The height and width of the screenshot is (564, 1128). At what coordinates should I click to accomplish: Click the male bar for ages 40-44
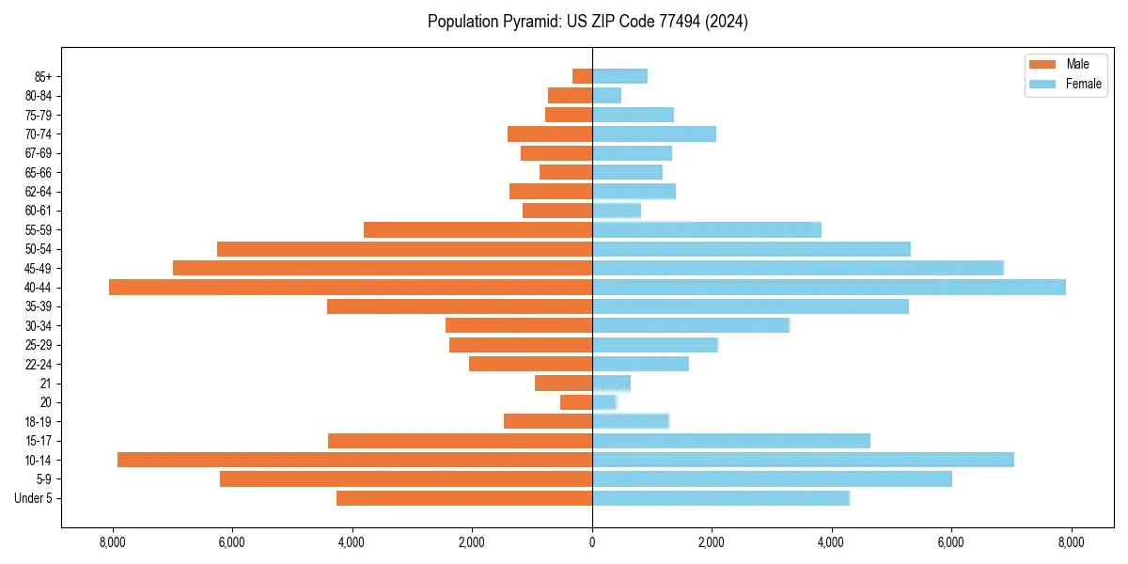351,287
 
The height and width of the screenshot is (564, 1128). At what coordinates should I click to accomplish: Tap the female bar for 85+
619,76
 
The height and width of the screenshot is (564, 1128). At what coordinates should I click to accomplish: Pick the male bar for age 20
576,402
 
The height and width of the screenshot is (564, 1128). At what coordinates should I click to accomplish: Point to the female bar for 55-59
707,229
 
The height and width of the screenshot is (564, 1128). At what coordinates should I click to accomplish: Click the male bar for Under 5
464,498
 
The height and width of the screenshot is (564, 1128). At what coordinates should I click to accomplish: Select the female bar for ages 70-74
654,133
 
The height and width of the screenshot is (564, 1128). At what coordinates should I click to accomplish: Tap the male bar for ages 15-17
460,441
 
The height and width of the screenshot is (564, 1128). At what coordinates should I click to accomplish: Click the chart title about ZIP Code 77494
587,22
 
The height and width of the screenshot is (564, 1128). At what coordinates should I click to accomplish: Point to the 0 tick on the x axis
592,542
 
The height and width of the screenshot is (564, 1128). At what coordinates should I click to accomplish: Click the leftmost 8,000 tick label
112,542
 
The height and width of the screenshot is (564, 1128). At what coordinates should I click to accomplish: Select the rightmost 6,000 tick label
951,542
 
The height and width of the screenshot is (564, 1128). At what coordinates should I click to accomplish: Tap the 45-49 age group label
38,268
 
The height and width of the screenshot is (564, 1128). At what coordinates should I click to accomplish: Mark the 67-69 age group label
38,153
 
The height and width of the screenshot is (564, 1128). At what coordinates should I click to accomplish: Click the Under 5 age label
34,498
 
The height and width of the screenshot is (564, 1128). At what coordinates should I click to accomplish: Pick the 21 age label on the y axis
46,384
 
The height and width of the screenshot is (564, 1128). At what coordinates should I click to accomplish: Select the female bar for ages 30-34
691,325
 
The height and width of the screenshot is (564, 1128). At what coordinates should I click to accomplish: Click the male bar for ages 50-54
404,249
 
